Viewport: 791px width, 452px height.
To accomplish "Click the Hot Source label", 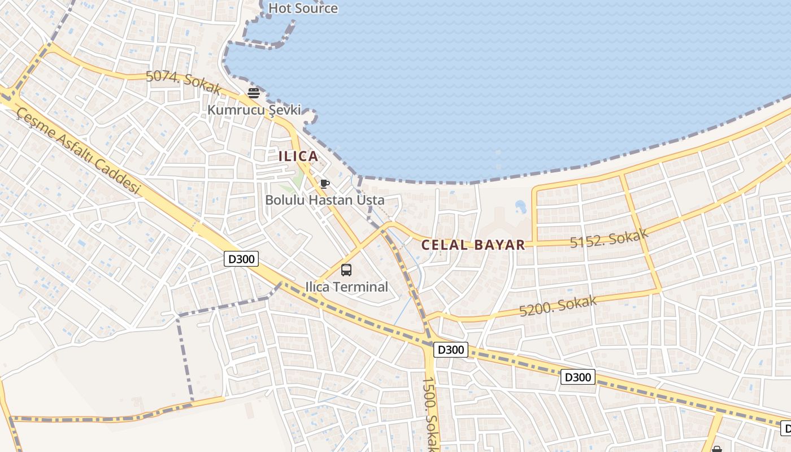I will pyautogui.click(x=303, y=8).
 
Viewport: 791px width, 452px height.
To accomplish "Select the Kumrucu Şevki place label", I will pyautogui.click(x=254, y=110).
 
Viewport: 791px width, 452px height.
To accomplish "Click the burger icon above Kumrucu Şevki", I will pyautogui.click(x=253, y=93).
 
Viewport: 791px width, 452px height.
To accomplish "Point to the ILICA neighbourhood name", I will pyautogui.click(x=298, y=156).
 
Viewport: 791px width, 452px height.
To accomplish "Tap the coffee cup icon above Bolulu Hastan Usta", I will pyautogui.click(x=324, y=184).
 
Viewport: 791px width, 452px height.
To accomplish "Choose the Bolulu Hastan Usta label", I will pyautogui.click(x=325, y=200).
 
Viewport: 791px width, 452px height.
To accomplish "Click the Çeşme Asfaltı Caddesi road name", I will pyautogui.click(x=78, y=150).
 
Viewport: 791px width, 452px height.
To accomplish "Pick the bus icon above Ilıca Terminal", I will pyautogui.click(x=346, y=270).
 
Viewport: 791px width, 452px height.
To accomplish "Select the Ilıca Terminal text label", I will pyautogui.click(x=347, y=287).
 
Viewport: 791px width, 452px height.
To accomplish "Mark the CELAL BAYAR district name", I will pyautogui.click(x=473, y=245).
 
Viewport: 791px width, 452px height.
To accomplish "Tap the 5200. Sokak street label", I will pyautogui.click(x=558, y=306).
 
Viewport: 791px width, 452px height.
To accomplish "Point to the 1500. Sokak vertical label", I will pyautogui.click(x=430, y=412).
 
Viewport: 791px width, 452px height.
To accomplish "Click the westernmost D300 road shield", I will pyautogui.click(x=242, y=259).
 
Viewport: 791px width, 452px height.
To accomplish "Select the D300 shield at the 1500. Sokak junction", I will pyautogui.click(x=451, y=350).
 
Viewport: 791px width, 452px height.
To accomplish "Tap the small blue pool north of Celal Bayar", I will pyautogui.click(x=520, y=207).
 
